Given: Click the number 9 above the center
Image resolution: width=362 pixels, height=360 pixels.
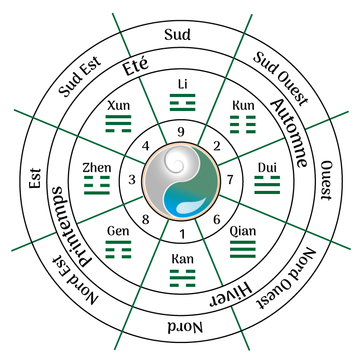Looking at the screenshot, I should pyautogui.click(x=181, y=132).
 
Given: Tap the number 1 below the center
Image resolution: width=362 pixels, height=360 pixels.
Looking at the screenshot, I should pyautogui.click(x=181, y=234).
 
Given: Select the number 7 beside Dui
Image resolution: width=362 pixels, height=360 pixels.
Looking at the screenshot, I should pyautogui.click(x=230, y=180).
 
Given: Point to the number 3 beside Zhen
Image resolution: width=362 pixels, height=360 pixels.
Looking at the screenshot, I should pyautogui.click(x=132, y=180).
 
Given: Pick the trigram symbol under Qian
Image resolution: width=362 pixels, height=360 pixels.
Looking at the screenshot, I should pyautogui.click(x=243, y=250).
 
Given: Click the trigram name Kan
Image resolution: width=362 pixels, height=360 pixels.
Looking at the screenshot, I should pyautogui.click(x=182, y=258).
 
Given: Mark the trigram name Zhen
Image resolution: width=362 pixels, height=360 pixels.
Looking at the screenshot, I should pyautogui.click(x=97, y=168).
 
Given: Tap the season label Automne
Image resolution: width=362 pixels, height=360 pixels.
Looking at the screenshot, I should pyautogui.click(x=288, y=132).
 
